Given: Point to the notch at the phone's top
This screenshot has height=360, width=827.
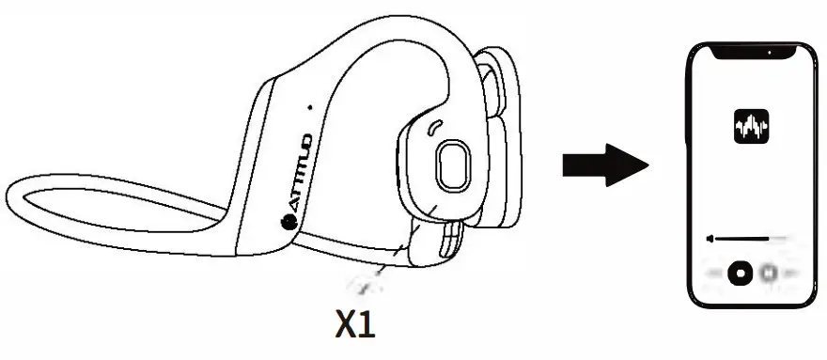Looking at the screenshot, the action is coord(751,53).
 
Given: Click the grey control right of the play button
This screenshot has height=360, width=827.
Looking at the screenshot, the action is coord(769,273).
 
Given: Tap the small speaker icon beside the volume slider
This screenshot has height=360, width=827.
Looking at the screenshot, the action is coord(712,238).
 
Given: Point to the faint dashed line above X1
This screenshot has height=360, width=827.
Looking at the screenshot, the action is coord(361,283).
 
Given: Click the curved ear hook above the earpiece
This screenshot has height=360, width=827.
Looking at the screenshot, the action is coord(395,56).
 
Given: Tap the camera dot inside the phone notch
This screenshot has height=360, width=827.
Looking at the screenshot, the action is coord(770,53).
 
